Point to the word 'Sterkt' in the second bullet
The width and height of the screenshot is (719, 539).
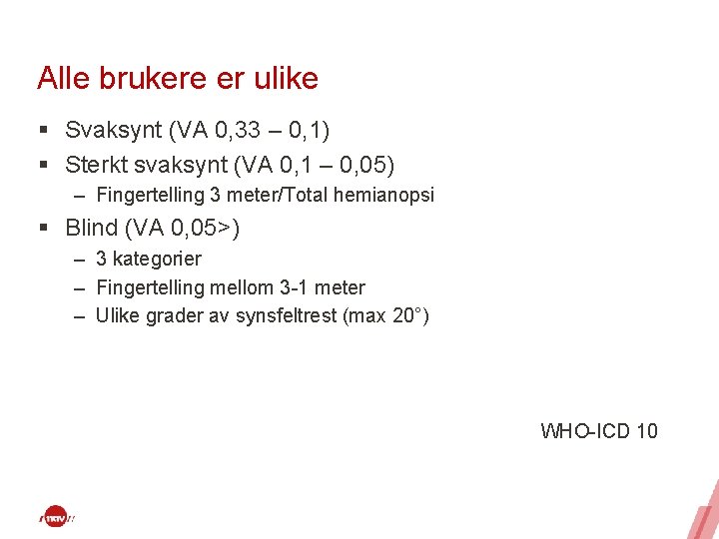(x=96, y=164)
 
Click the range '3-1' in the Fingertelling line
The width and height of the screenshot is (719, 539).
(x=298, y=288)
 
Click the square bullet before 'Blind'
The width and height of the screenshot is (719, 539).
(x=44, y=229)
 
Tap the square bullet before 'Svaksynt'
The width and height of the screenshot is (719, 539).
(x=44, y=131)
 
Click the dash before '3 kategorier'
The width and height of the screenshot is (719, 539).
(x=79, y=260)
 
